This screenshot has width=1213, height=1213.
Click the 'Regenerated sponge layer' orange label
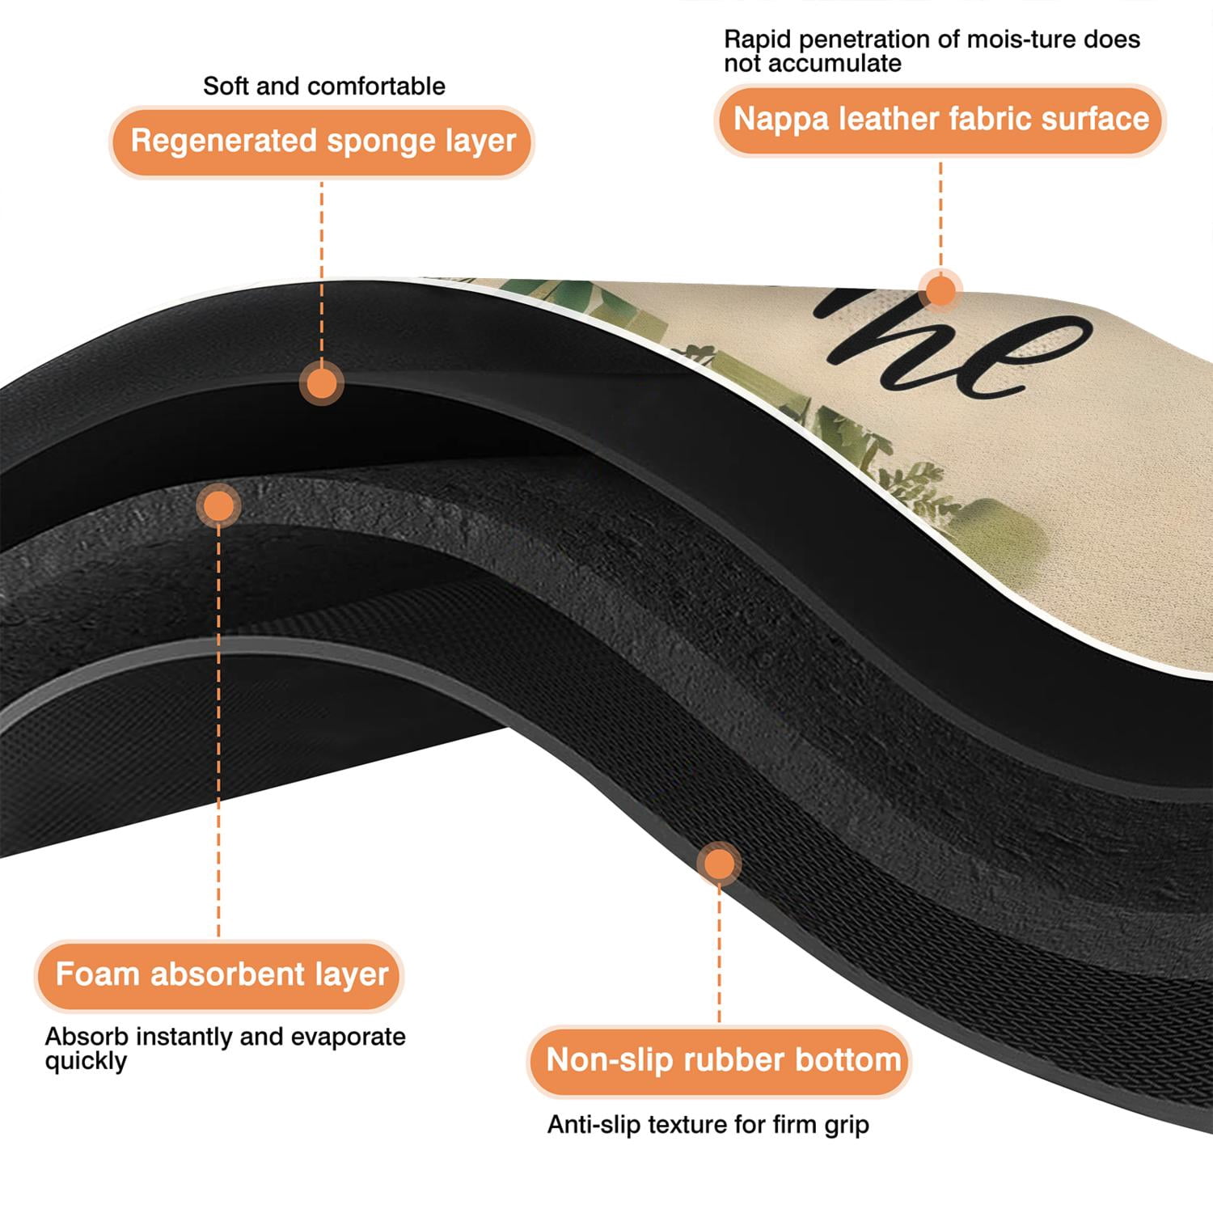point(322,142)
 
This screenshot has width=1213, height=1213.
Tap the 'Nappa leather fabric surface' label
point(940,120)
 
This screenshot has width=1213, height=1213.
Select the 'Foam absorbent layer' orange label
point(219,975)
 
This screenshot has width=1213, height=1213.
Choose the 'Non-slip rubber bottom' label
point(720,1061)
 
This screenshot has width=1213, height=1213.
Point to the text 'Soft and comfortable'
point(324,86)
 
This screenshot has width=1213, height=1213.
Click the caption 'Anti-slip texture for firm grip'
point(708,1125)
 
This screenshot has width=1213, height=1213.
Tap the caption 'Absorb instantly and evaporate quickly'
point(226,1049)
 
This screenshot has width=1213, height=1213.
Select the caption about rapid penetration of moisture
point(932,51)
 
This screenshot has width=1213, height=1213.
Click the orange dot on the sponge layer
point(322,383)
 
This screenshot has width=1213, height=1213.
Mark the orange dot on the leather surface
point(940,289)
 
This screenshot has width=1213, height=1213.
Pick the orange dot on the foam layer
point(218,506)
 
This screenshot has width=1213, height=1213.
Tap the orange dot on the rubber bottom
point(719,864)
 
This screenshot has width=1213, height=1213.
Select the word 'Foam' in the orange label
point(97,974)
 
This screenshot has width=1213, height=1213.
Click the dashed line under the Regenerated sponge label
point(322,270)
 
